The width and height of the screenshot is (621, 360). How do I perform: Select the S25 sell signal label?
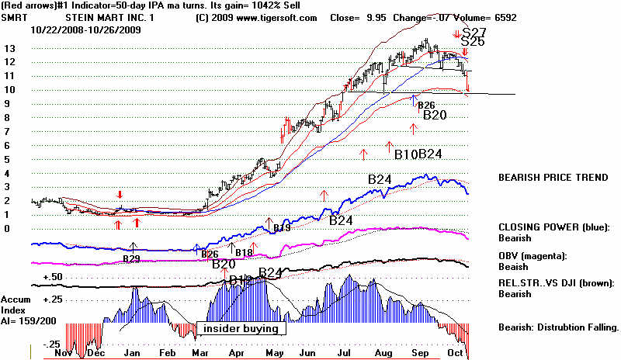(473, 43)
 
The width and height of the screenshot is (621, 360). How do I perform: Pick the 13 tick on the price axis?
(9, 48)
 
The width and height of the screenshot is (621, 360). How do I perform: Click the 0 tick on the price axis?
(6, 229)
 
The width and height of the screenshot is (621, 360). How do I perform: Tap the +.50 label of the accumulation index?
(53, 277)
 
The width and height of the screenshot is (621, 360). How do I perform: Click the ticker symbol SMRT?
(14, 17)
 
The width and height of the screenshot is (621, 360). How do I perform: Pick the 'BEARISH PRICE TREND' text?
(553, 178)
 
